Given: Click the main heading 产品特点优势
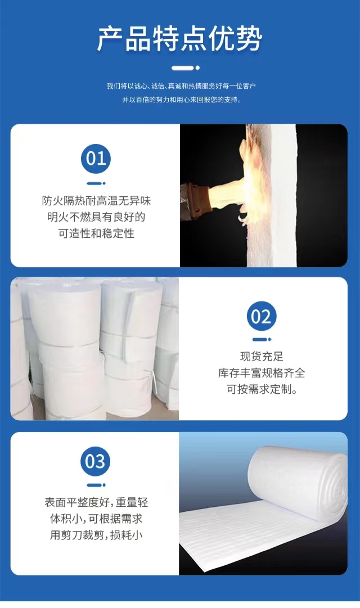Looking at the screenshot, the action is point(179,39).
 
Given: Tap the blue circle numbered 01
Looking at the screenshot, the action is point(96,159).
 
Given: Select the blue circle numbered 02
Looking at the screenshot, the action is point(262,317).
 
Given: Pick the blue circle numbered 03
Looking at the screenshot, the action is point(96,461).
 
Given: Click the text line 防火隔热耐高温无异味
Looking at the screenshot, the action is point(96,201).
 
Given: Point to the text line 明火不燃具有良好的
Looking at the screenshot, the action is point(96,217).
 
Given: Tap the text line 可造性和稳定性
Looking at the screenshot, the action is point(96,233).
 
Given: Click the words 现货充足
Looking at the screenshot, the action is point(262,357).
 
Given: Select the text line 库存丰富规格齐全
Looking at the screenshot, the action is point(262,373).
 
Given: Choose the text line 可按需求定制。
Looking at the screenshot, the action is point(262,389).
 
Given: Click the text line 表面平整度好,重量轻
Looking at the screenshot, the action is point(96,502).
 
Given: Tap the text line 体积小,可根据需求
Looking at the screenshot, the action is point(96,519).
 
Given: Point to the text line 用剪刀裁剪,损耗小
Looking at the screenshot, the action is point(96,535).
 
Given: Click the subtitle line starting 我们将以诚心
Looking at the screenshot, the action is point(181,85).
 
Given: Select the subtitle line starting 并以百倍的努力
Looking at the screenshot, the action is point(182,100).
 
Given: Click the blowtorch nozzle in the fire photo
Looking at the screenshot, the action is point(196,201).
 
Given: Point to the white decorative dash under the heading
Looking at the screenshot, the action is point(186,68).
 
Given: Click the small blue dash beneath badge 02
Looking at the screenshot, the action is point(262,340).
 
